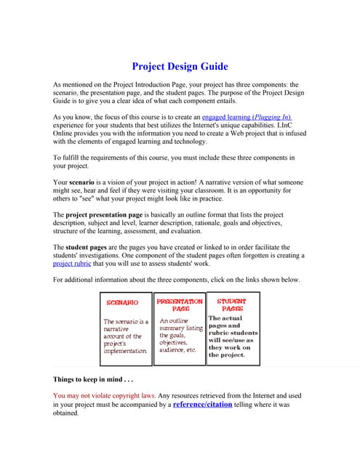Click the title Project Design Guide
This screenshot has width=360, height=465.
180,66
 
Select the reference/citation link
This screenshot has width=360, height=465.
202,403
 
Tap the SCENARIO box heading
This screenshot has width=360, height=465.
123,303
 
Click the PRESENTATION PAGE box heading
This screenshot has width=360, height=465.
180,304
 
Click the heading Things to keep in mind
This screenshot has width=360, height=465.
94,379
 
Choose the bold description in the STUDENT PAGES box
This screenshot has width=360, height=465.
233,336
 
